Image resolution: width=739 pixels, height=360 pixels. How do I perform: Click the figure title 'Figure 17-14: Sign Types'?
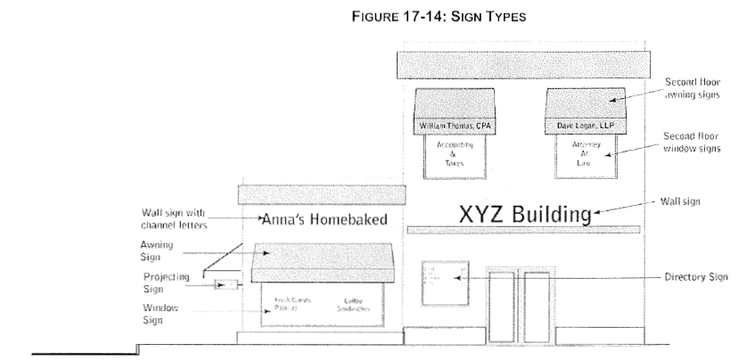click(x=368, y=15)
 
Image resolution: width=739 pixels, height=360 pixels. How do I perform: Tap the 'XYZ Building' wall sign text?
click(x=525, y=214)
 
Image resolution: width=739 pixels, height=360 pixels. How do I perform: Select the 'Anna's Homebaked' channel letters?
click(x=324, y=221)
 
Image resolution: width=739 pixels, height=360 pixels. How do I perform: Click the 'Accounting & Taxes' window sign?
click(x=455, y=152)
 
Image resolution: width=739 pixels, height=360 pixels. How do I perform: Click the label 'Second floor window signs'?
click(x=698, y=143)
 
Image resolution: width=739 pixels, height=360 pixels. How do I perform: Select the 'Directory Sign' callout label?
click(x=697, y=277)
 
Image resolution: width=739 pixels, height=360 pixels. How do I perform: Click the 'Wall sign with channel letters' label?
click(x=174, y=219)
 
